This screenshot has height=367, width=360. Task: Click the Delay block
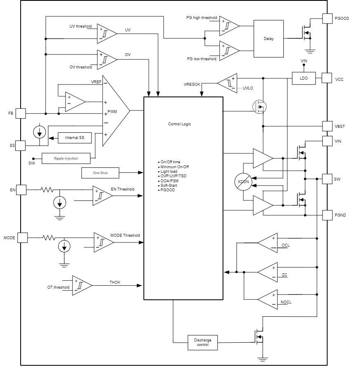(268, 39)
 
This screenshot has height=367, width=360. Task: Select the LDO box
(304, 78)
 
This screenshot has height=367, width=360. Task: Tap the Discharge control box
(202, 342)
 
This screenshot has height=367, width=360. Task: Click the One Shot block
(100, 173)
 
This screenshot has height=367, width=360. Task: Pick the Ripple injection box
(66, 158)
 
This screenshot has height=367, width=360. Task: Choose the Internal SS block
(75, 138)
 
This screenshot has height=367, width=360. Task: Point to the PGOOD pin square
(327, 19)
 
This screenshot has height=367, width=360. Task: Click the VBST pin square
(327, 126)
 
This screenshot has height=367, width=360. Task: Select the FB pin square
(21, 113)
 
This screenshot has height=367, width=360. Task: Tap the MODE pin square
(22, 238)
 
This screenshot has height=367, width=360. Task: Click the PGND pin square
(327, 215)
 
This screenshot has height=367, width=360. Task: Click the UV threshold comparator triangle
(107, 33)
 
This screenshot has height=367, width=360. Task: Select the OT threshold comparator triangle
(82, 285)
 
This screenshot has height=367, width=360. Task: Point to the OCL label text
(285, 245)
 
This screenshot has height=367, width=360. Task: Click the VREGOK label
(192, 85)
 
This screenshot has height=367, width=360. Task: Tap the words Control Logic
(179, 124)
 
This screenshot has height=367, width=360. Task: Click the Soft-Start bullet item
(169, 186)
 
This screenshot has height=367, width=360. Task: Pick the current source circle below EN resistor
(60, 202)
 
